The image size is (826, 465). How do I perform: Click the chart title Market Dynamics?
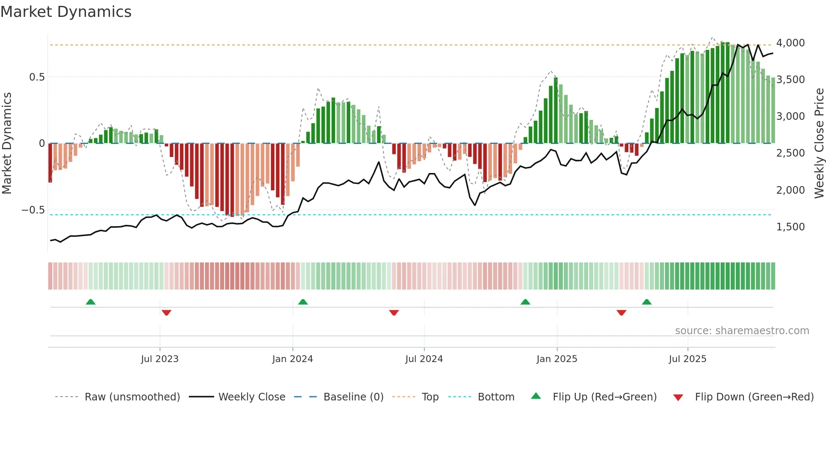click(66, 12)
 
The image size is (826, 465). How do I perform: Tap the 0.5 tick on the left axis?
click(37, 77)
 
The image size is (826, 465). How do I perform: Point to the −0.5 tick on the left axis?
click(33, 210)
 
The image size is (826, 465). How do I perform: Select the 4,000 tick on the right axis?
click(790, 43)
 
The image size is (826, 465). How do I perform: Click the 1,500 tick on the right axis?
click(790, 227)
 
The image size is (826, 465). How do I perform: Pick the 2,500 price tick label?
click(790, 153)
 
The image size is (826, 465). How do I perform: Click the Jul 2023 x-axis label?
click(160, 359)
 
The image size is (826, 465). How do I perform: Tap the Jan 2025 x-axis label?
click(557, 359)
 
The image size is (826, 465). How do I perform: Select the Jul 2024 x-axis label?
click(424, 359)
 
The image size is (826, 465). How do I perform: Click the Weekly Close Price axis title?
click(819, 143)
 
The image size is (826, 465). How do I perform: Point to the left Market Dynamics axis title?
click(7, 143)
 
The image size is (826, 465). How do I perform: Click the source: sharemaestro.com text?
click(742, 331)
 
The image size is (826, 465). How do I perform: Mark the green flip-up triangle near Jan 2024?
click(303, 302)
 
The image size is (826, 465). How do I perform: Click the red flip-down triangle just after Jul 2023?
click(166, 313)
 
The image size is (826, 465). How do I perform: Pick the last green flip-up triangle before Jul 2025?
click(646, 302)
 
